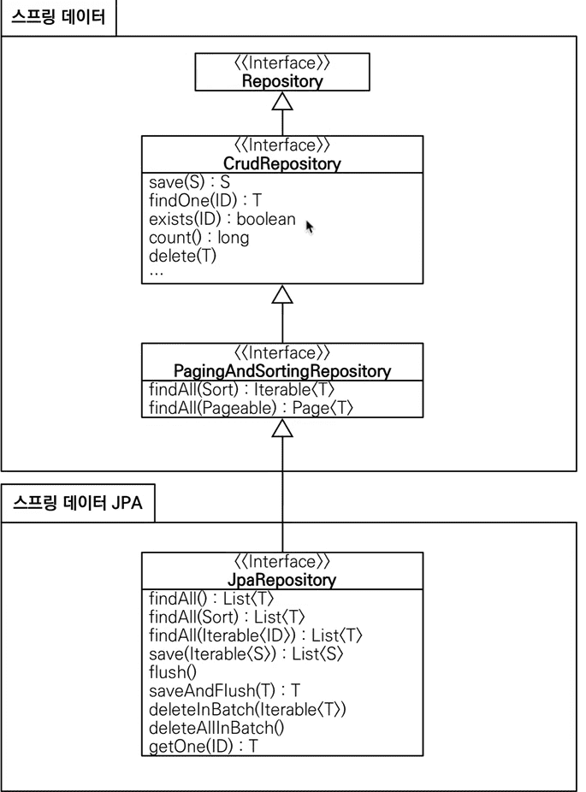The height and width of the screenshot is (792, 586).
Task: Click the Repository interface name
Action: coord(282,80)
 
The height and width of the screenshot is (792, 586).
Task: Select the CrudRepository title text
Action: coord(282,163)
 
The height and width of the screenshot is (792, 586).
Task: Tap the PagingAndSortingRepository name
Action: coord(282,371)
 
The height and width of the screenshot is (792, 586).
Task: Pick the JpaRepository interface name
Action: coord(282,580)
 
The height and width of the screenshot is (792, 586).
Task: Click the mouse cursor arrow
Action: coord(310,228)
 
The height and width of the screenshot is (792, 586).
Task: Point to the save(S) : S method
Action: coord(189,182)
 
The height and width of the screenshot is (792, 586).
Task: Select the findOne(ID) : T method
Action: coord(205,200)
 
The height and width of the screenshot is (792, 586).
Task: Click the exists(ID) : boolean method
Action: coord(222,219)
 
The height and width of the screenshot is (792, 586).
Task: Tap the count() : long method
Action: coord(199,238)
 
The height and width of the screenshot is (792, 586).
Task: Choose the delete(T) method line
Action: coord(182,256)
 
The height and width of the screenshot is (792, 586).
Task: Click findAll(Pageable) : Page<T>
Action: coord(251,408)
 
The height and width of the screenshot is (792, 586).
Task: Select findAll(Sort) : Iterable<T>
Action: coord(242,389)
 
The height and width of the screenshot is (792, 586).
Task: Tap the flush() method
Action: coord(173,672)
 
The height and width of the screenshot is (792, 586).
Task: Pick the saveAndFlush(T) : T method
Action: coord(225,690)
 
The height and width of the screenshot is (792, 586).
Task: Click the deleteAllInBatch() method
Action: coord(216,728)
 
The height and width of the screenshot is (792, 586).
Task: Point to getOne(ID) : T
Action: coord(204,746)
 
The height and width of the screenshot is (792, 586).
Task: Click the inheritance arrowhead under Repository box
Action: coord(282,102)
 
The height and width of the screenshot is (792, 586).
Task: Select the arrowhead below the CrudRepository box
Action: coord(282,295)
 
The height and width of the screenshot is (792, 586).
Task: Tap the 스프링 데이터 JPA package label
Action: coord(78,503)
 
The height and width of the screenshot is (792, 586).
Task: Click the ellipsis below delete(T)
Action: coord(157,274)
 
